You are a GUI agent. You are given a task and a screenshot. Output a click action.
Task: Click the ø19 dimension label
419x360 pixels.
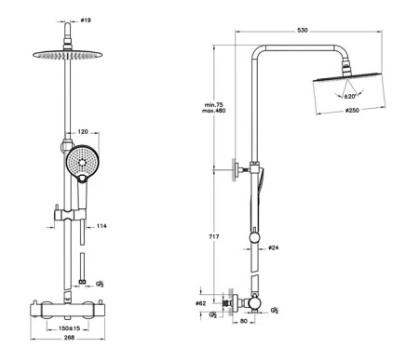click(86, 20)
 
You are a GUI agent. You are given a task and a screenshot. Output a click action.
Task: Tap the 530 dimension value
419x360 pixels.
click(303, 30)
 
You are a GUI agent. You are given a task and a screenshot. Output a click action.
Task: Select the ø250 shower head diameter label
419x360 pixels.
click(352, 111)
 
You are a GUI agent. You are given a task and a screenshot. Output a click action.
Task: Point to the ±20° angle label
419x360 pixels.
click(349, 96)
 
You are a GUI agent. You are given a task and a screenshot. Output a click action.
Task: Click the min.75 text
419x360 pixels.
click(214, 105)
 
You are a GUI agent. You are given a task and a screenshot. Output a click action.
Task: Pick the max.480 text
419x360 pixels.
click(214, 111)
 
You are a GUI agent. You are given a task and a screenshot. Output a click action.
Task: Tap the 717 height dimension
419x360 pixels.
click(214, 236)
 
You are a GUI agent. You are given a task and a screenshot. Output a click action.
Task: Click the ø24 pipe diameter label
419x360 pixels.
click(273, 247)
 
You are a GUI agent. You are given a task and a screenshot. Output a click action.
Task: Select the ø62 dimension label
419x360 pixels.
click(200, 303)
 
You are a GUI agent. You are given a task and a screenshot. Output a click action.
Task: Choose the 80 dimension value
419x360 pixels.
click(244, 321)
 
